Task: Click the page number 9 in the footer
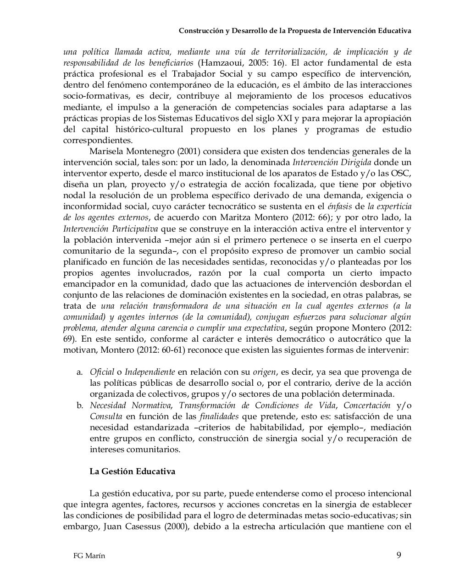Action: pos(399,555)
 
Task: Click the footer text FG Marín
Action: pos(89,556)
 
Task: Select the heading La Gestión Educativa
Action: pos(132,471)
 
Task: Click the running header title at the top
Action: pos(294,31)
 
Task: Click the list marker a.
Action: pos(79,372)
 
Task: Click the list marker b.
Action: pos(79,405)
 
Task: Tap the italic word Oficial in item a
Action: pos(102,372)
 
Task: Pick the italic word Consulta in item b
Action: pos(106,416)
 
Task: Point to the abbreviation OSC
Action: pos(402,173)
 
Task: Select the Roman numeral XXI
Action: pos(285,118)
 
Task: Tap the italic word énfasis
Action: pos(338,207)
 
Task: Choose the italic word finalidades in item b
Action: pos(219,416)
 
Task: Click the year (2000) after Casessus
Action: pos(177,526)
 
